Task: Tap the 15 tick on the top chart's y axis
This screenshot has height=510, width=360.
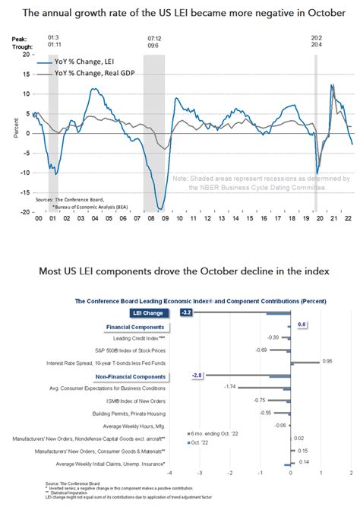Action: (x=27, y=74)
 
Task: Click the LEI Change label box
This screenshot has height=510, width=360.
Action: (x=147, y=312)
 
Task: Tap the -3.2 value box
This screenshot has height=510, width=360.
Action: (x=185, y=312)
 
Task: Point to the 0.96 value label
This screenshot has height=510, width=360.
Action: (x=328, y=361)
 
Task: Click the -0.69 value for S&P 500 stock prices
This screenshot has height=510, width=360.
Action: (x=259, y=350)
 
